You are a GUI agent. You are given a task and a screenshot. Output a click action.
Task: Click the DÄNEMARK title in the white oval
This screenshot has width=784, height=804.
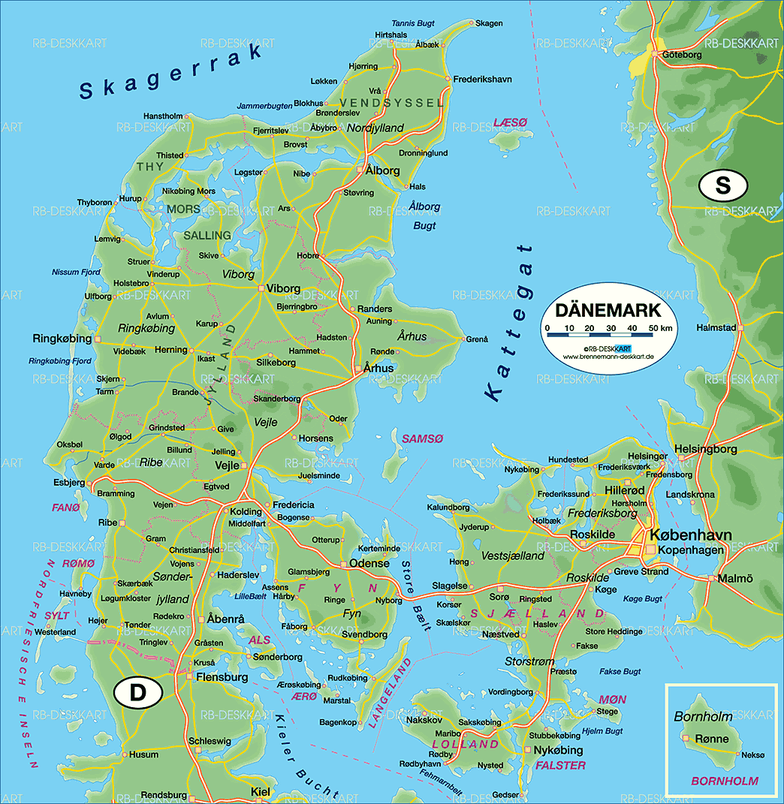click(x=608, y=310)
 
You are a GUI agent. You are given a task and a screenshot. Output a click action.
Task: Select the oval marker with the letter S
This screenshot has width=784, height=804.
click(x=722, y=185)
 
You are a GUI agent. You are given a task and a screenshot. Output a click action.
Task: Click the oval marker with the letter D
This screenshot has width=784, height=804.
click(x=138, y=693)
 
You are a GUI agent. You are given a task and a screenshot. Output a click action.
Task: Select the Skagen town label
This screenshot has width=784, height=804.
click(x=489, y=23)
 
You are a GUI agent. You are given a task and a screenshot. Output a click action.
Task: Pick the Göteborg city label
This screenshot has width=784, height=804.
click(x=682, y=54)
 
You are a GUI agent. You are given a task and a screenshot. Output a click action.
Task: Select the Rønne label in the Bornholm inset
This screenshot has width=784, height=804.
click(x=711, y=739)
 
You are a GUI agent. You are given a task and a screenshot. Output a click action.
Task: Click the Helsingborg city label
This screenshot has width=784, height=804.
click(x=705, y=449)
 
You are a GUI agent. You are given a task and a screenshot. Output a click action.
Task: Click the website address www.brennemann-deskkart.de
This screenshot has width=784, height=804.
click(x=608, y=356)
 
